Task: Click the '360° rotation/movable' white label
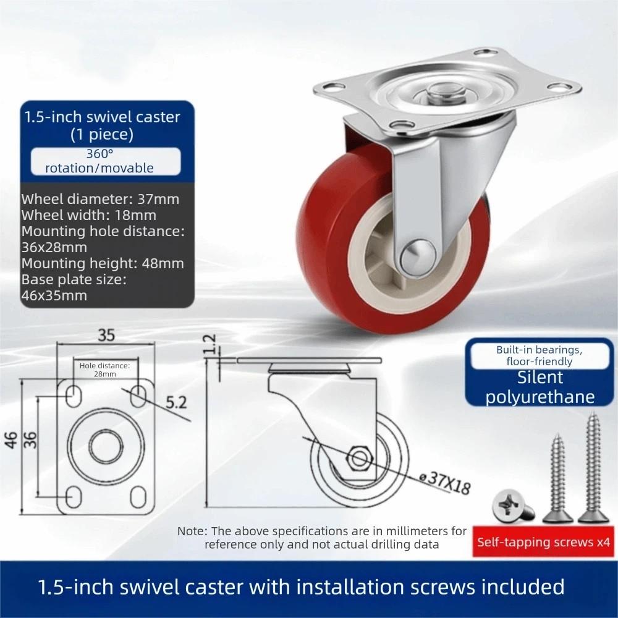pos(106,161)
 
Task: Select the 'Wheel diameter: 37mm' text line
pos(100,199)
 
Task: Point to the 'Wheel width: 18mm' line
pos(89,215)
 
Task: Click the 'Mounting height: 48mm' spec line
pos(103,263)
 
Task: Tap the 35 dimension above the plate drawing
pos(106,336)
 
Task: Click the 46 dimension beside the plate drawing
pos(11,440)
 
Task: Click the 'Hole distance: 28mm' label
pos(105,370)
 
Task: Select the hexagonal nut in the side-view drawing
pos(357,459)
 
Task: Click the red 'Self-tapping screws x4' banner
pos(543,543)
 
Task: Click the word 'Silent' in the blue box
pos(540,377)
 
